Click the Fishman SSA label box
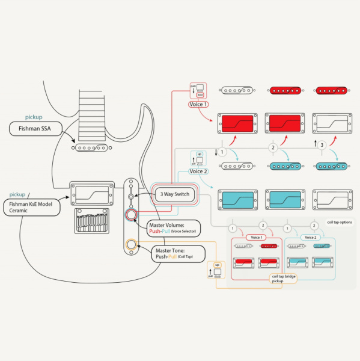(x=37, y=128)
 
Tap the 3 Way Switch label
(x=174, y=194)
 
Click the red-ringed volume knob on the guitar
(x=130, y=215)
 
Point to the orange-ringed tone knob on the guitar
(x=130, y=244)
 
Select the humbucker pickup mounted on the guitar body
(x=91, y=194)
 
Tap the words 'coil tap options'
(x=338, y=222)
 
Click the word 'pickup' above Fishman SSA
(x=34, y=117)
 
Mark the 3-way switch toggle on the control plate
(x=131, y=195)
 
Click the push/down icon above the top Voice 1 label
(x=198, y=91)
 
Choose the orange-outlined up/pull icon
(x=216, y=272)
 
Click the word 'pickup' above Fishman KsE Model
(x=17, y=195)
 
